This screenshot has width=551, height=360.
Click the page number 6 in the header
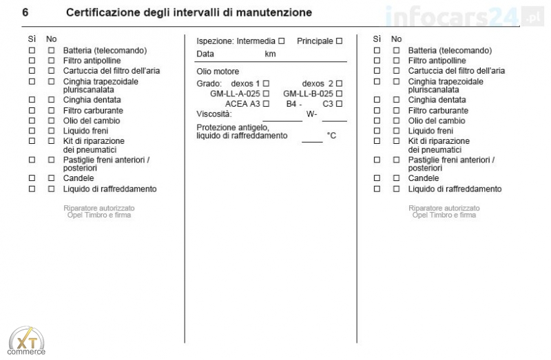(25, 12)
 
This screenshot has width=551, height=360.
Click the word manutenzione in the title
(271, 12)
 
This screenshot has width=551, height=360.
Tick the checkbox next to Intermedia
(281, 41)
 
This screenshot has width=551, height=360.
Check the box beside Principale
(339, 41)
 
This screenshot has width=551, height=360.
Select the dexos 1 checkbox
(266, 83)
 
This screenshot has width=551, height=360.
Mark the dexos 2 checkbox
(339, 83)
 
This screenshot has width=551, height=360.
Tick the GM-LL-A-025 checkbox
(266, 94)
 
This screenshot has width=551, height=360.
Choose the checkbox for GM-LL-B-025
(339, 94)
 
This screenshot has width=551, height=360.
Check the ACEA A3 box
(266, 104)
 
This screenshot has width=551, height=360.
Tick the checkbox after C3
(339, 104)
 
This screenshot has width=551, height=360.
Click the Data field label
(205, 54)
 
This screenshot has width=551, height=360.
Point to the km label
(270, 54)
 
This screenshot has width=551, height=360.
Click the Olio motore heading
(218, 72)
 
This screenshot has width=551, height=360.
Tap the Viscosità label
(214, 114)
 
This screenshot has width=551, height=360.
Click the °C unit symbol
(331, 136)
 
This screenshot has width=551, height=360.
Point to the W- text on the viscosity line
(311, 114)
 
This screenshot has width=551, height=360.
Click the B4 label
(291, 104)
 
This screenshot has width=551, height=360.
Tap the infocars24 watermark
(455, 15)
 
